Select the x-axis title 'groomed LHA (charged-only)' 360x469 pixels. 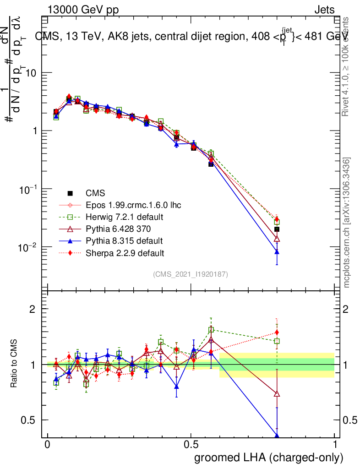click(x=269, y=458)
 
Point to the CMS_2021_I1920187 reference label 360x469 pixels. click(x=191, y=274)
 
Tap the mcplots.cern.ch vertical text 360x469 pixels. click(x=347, y=223)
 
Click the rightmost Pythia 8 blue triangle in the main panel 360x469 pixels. click(x=277, y=251)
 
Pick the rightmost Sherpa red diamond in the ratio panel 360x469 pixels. click(x=277, y=333)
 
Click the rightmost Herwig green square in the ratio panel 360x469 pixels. click(x=277, y=341)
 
